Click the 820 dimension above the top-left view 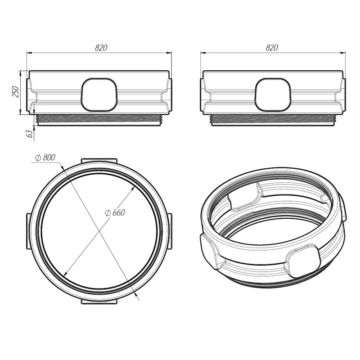(x=101, y=48)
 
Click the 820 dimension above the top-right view (x=272, y=48)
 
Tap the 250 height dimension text (x=15, y=92)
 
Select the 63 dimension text (x=30, y=134)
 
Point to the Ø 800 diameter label (x=45, y=157)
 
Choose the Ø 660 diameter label (x=115, y=213)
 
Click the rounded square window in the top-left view (x=99, y=94)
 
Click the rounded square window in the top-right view (x=273, y=94)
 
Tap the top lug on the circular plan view (x=99, y=161)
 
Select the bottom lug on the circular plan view (x=99, y=301)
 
